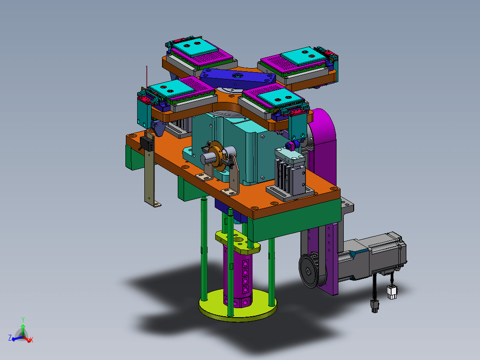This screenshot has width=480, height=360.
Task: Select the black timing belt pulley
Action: [x=309, y=271]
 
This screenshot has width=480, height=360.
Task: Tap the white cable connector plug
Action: [x=392, y=292]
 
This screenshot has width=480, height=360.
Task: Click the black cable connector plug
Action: [x=375, y=306]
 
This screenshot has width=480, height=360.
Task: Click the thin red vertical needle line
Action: [x=147, y=77]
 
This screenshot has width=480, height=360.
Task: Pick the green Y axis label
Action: [x=23, y=320]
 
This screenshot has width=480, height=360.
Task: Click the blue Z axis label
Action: [x=10, y=338]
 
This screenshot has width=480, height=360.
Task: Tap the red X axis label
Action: [x=31, y=339]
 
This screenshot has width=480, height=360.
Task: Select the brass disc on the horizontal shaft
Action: [x=218, y=154]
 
